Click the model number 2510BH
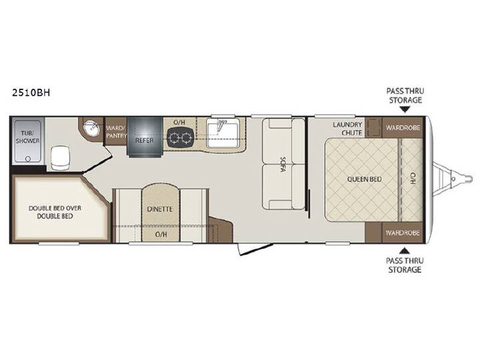[x=31, y=93]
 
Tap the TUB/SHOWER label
[x=27, y=137]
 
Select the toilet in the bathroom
[x=60, y=157]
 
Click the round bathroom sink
[x=91, y=128]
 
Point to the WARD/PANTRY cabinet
[x=116, y=131]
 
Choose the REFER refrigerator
[x=145, y=137]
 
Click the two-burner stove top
[x=180, y=138]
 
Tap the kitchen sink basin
[x=222, y=133]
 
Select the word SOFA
[x=283, y=164]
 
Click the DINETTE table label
[x=159, y=209]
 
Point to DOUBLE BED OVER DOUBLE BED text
[x=55, y=212]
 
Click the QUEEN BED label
[x=364, y=179]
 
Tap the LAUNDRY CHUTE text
[x=347, y=129]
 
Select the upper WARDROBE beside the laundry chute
[x=403, y=127]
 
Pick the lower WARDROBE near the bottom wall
[x=402, y=233]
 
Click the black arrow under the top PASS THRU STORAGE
[x=405, y=109]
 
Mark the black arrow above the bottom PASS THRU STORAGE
[x=405, y=251]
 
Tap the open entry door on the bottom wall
[x=255, y=249]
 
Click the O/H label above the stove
[x=179, y=123]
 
